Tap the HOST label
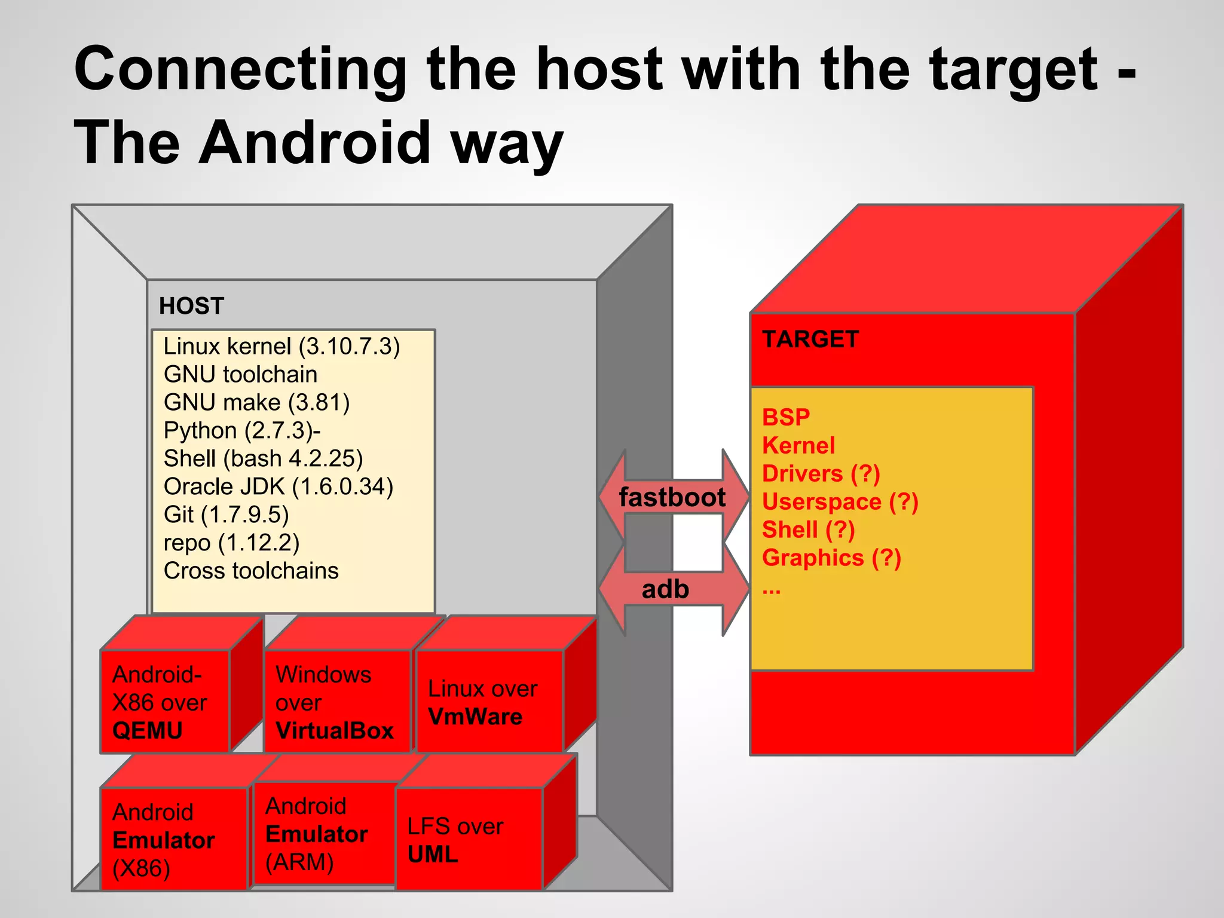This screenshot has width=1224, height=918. pos(191,306)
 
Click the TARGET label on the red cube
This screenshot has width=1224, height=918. pos(810,339)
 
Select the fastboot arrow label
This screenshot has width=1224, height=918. pos(672,497)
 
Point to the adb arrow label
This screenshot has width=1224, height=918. pos(665,589)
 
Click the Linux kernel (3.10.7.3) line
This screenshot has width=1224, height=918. pos(281,347)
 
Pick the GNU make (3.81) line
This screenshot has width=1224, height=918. pos(256,402)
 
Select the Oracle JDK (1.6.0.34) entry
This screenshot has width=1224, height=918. pos(279,486)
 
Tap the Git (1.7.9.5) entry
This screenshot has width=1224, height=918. pos(226,515)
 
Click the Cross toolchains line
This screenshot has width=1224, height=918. pos(251,571)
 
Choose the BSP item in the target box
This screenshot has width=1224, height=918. pos(786,417)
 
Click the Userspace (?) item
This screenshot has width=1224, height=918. pos(840,501)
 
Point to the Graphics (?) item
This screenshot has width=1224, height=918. pos(831,558)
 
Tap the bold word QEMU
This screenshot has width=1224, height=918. pos(147,730)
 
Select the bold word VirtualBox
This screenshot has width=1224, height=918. pos(334,730)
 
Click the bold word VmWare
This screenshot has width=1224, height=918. pos(475,717)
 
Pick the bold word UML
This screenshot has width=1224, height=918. pos(433,854)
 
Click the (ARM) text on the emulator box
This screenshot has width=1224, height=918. pos(299,862)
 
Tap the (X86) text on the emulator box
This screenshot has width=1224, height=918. pos(141,868)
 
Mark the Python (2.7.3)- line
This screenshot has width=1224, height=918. pos(242,430)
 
